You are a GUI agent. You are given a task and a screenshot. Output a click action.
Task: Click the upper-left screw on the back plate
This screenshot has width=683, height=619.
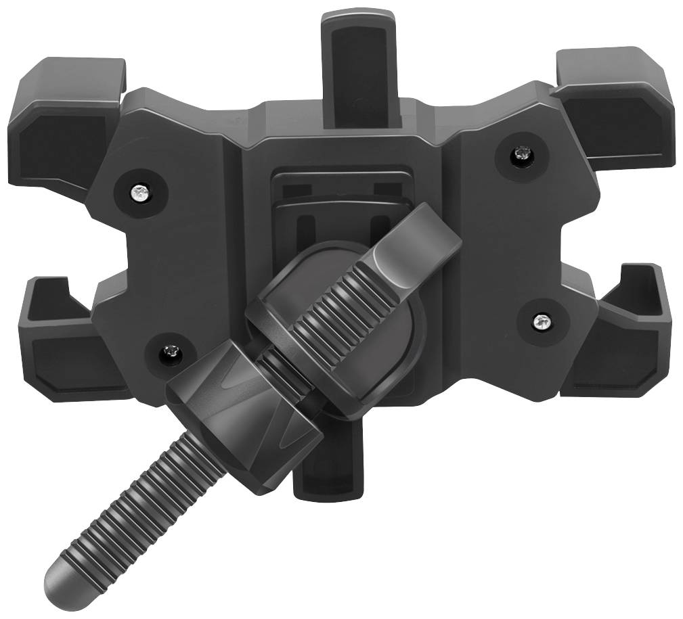(140, 193)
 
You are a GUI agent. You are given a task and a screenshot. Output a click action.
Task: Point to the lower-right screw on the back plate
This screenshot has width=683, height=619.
(541, 320)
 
